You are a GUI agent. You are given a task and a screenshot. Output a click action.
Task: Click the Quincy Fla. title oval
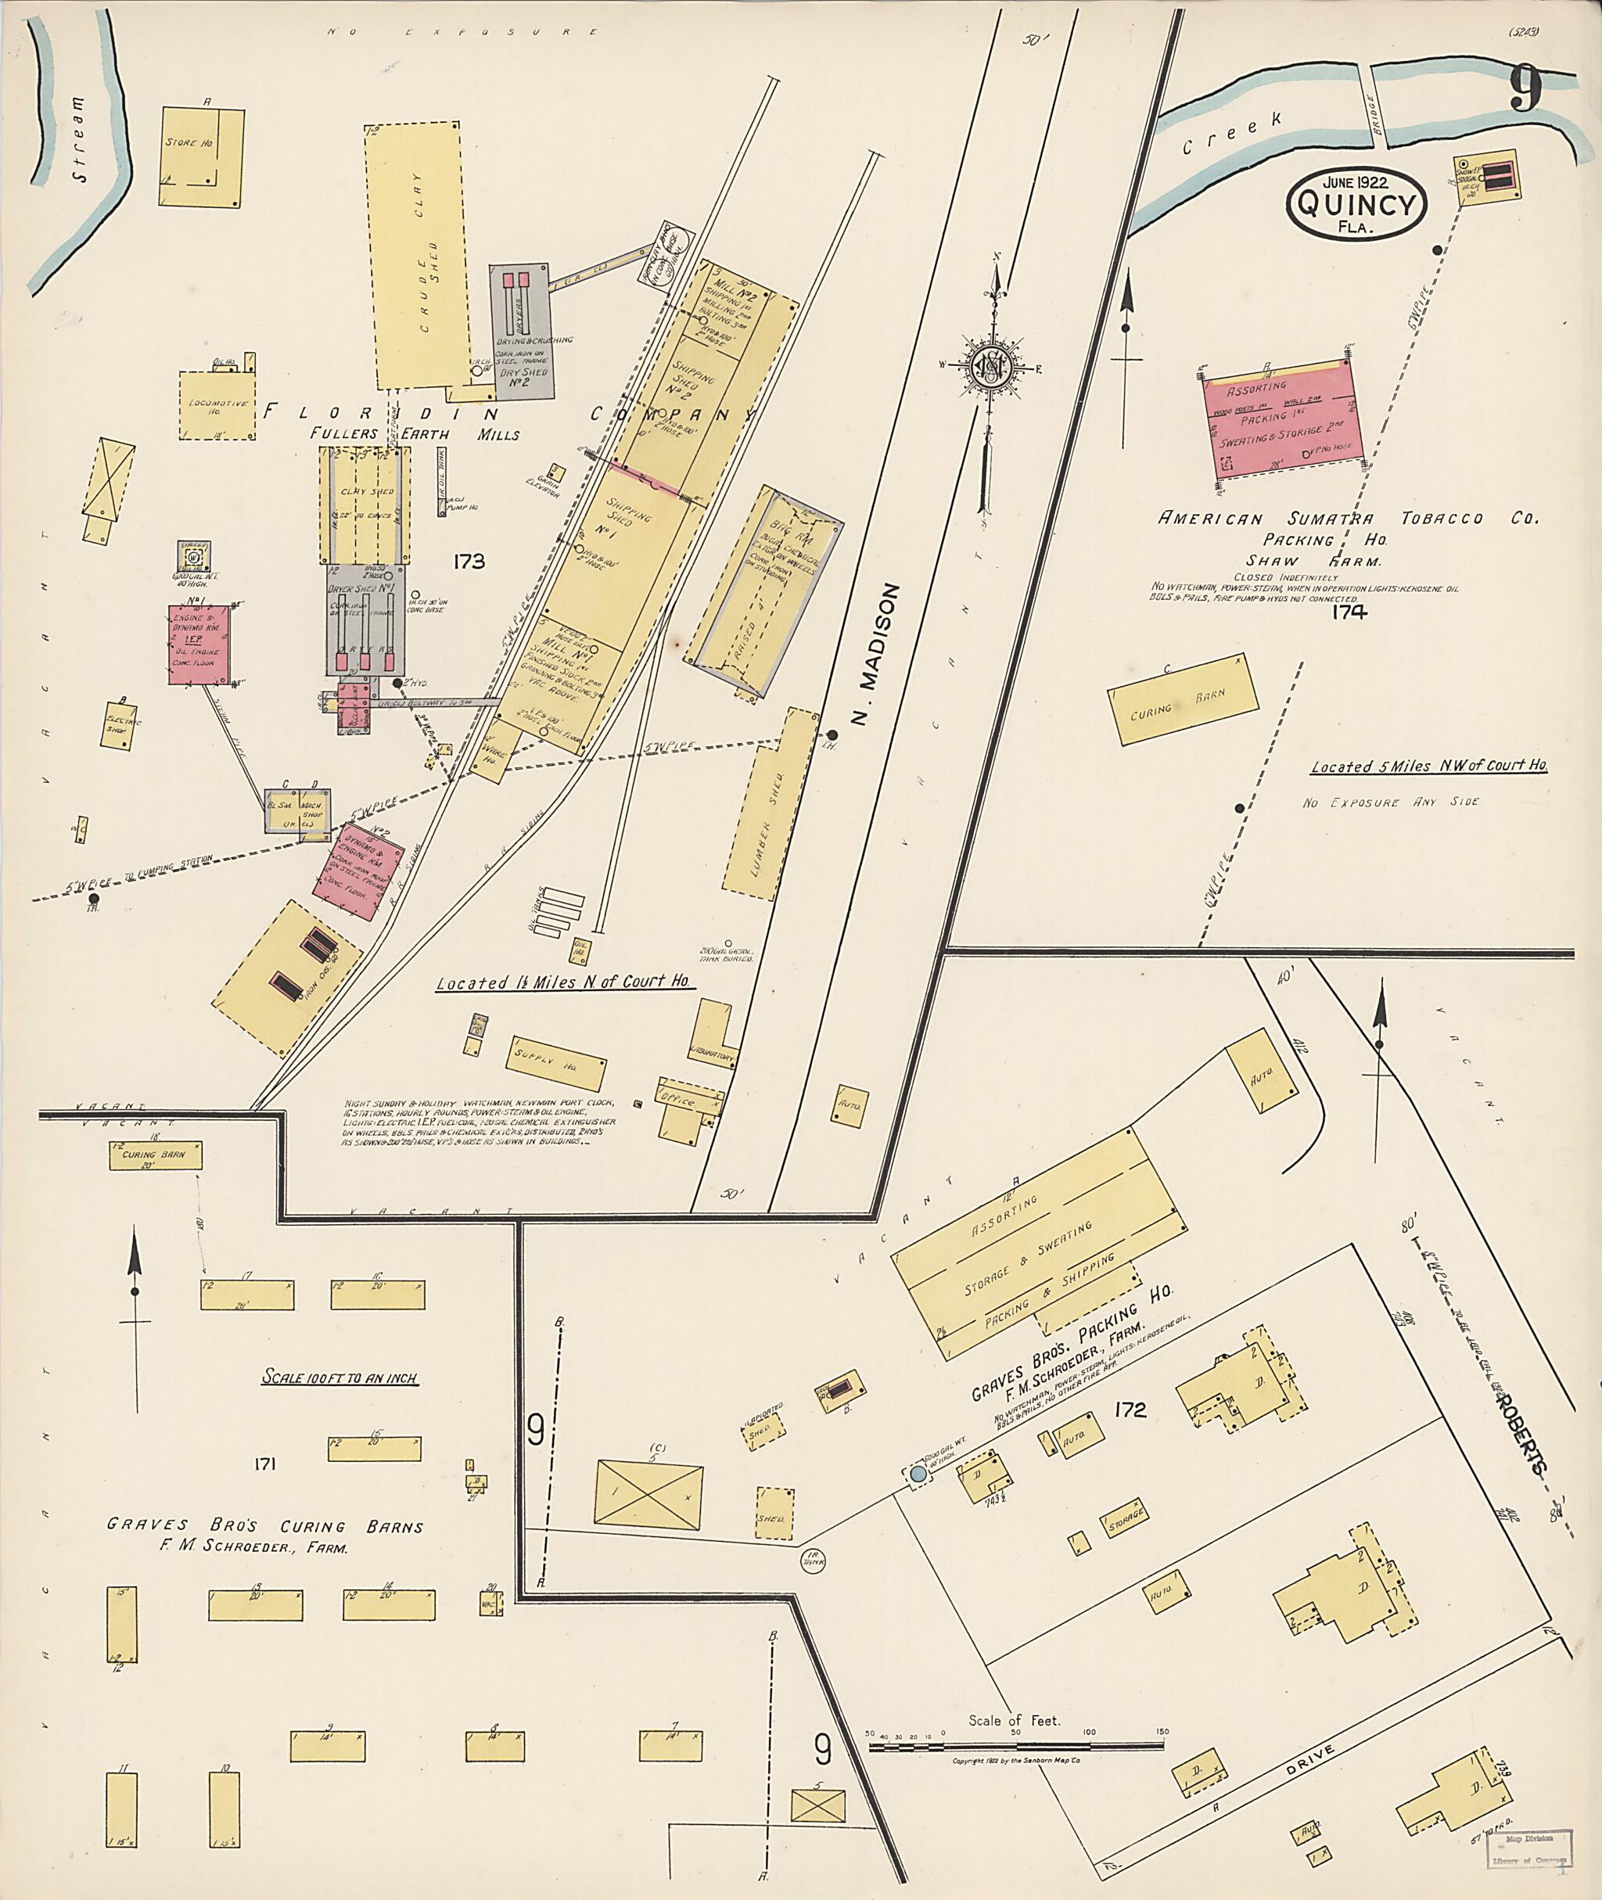[x=1357, y=204]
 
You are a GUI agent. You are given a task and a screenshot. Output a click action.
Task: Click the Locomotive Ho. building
[x=217, y=405]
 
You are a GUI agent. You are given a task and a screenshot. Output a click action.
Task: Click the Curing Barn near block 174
[x=1183, y=699]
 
